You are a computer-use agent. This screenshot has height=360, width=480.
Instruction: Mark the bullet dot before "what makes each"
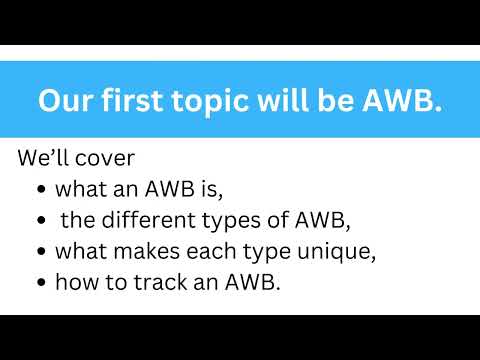coord(40,252)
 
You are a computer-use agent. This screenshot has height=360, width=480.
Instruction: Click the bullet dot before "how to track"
coord(40,283)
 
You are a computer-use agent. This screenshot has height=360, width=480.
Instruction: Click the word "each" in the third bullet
coord(206,251)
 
